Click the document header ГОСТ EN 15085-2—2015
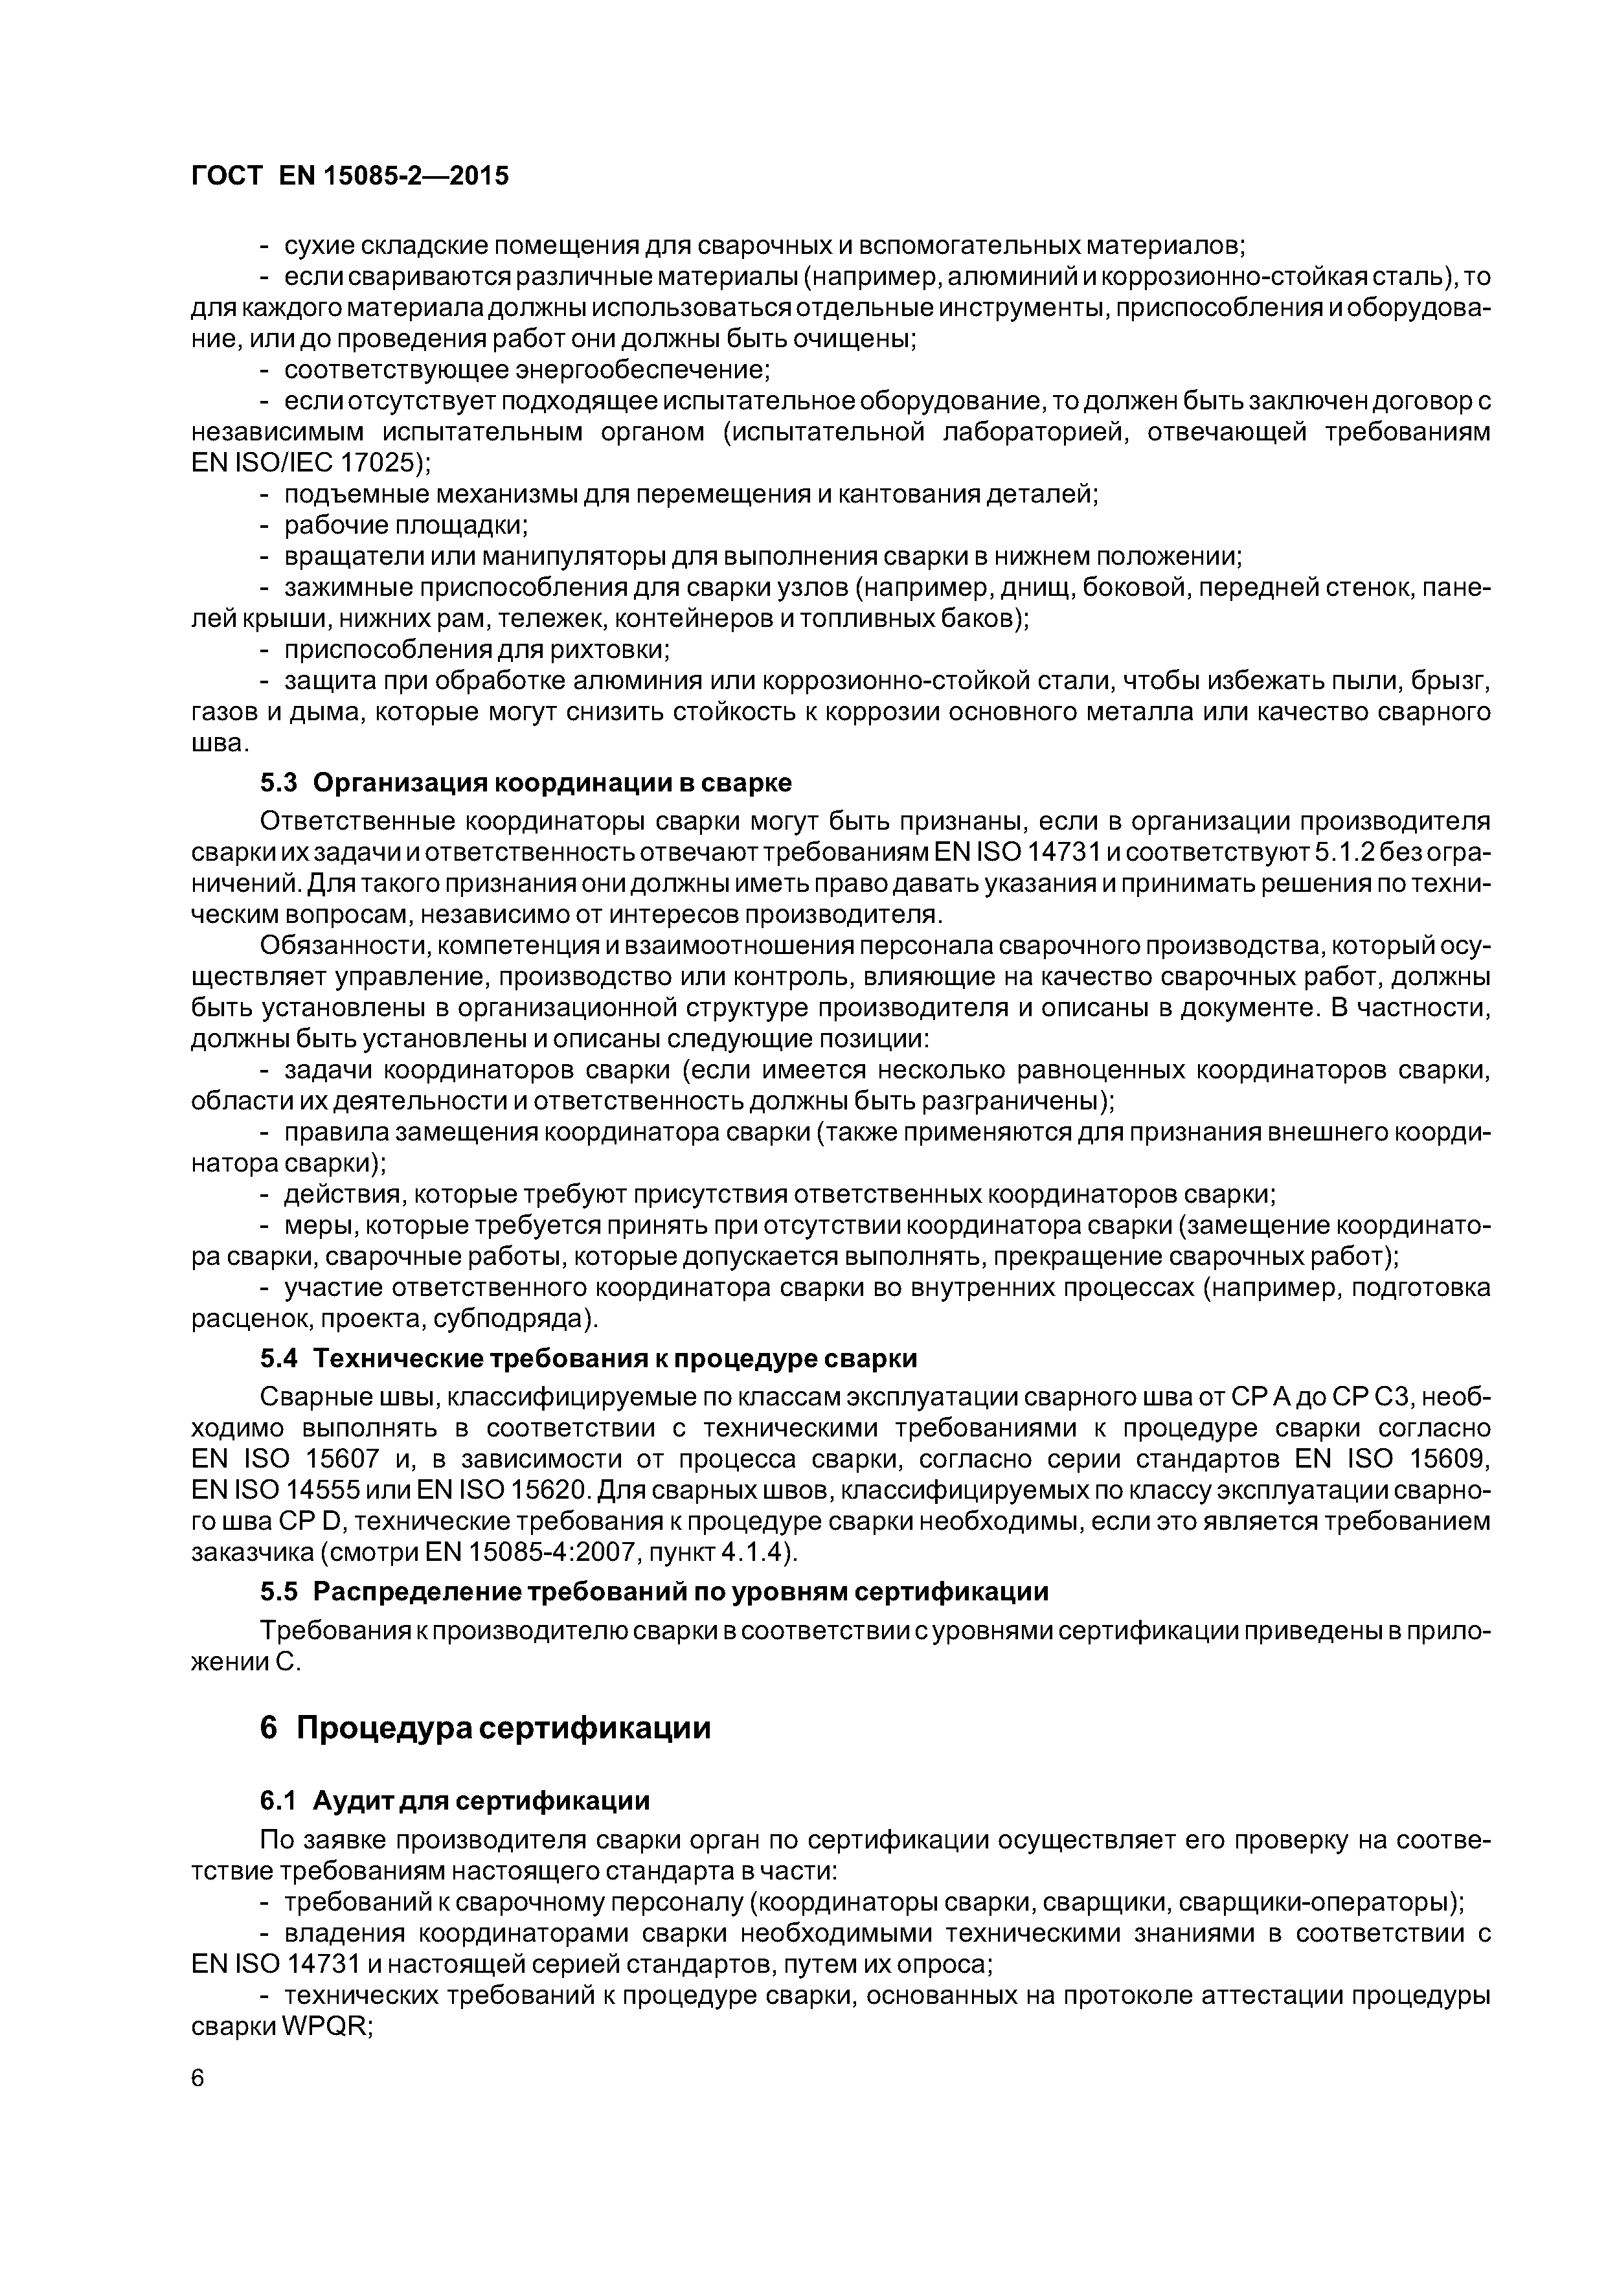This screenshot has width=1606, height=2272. [x=349, y=176]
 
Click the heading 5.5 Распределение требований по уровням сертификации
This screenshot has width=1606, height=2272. [x=653, y=1591]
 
